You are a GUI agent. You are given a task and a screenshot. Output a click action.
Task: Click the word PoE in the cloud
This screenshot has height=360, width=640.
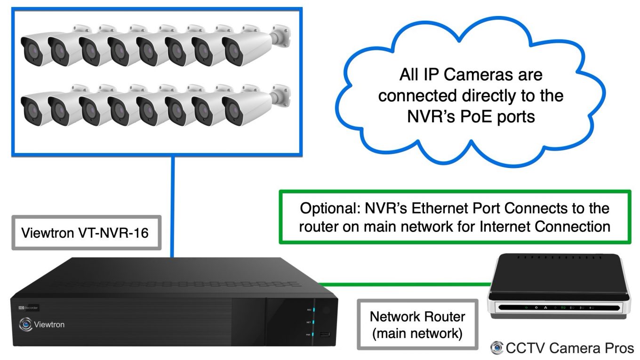pyautogui.click(x=489, y=116)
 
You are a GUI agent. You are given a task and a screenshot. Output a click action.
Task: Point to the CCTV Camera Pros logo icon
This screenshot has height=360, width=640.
pyautogui.click(x=496, y=348)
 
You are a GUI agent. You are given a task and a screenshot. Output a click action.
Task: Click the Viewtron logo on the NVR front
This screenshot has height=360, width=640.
pyautogui.click(x=42, y=324)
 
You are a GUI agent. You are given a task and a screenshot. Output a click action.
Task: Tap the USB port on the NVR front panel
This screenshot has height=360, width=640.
pyautogui.click(x=324, y=335)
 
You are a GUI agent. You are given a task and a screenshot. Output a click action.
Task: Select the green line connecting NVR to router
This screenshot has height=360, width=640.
pyautogui.click(x=405, y=284)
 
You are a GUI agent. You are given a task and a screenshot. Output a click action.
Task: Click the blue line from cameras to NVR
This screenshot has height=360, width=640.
pyautogui.click(x=173, y=207)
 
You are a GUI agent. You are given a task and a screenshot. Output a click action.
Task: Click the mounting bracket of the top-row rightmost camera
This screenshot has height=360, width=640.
pyautogui.click(x=281, y=37)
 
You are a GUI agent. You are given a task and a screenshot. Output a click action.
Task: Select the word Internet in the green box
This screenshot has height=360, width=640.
pyautogui.click(x=503, y=226)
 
